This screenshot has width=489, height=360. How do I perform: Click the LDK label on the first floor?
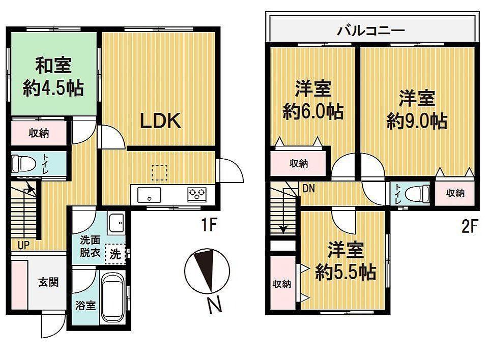click(160, 121)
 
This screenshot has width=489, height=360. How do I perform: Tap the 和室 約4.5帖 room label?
click(53, 76)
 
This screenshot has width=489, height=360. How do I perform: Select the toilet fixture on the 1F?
click(23, 164)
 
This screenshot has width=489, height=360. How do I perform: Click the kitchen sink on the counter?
click(150, 195)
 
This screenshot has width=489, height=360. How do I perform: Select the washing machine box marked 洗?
click(116, 254)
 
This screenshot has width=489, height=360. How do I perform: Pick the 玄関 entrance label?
click(48, 282)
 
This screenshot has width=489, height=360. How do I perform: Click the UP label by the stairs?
click(24, 246)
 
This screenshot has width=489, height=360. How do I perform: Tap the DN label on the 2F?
click(308, 189)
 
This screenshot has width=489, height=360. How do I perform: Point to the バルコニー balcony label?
click(371, 31)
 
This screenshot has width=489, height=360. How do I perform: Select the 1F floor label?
click(209, 225)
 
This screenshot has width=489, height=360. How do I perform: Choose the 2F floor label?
click(469, 227)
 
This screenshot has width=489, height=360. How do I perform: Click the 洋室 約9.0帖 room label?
click(417, 110)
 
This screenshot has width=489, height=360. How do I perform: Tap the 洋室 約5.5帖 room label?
click(346, 261)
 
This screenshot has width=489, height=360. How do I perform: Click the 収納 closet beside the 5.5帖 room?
click(282, 283)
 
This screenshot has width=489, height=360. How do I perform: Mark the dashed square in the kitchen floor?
click(159, 173)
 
